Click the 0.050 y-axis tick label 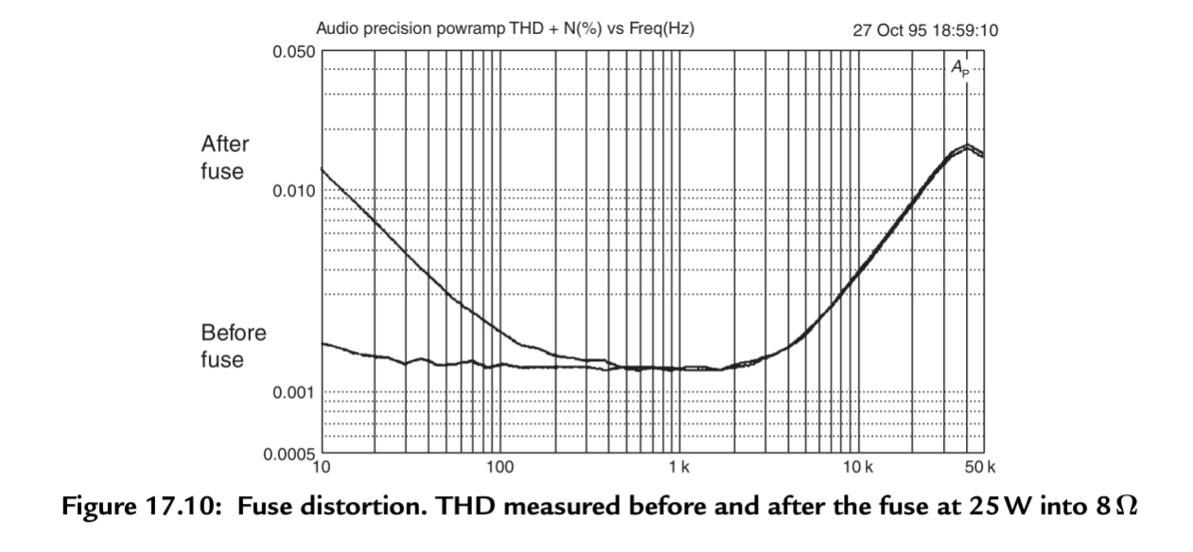click(x=292, y=51)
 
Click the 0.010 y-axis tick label click(x=292, y=191)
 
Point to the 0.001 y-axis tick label click(x=292, y=392)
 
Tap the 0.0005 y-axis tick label click(x=288, y=455)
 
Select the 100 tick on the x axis click(x=500, y=467)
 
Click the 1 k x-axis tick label click(x=678, y=467)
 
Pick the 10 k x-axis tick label click(x=856, y=467)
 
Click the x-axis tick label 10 click(x=322, y=467)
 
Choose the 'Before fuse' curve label click(x=233, y=346)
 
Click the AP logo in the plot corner click(x=959, y=66)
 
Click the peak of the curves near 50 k click(x=966, y=147)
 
